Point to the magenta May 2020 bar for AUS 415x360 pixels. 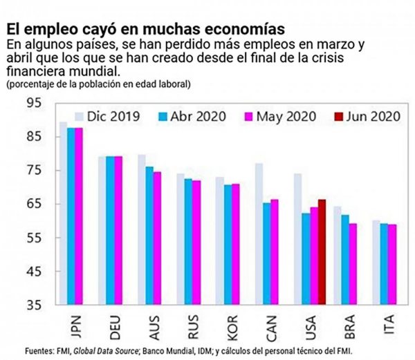[x=156, y=238]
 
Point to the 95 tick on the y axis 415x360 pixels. [x=33, y=103]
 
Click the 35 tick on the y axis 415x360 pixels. [x=33, y=305]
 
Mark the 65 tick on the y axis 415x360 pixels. [x=33, y=204]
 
